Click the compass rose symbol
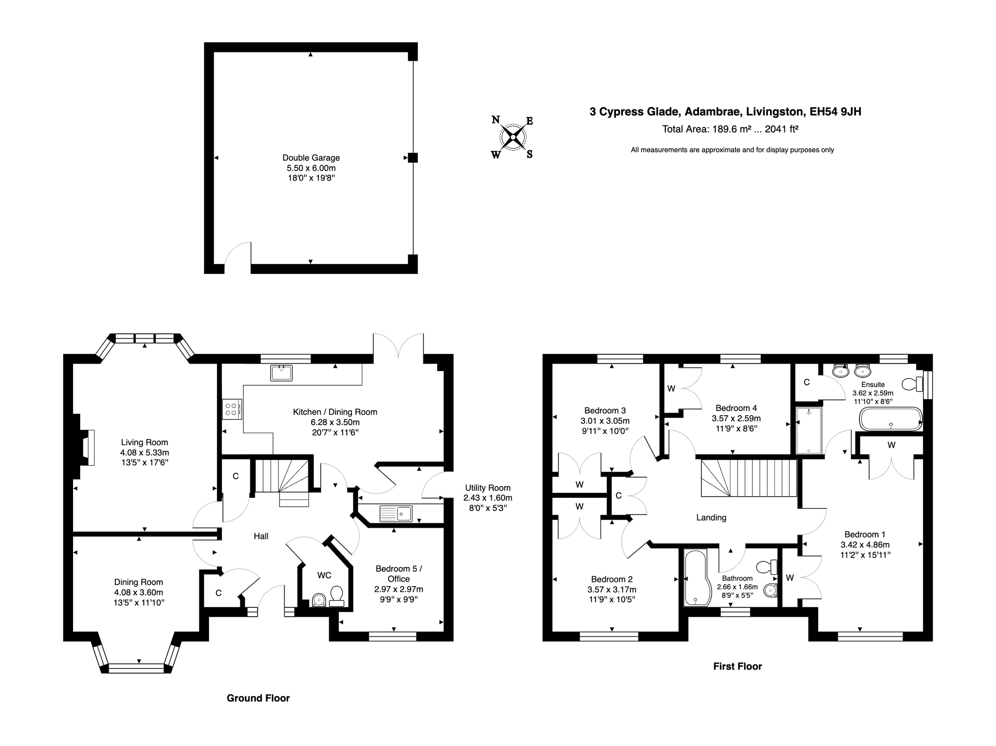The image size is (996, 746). pos(513,137)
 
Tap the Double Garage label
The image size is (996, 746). pos(311,158)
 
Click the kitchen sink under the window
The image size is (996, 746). pos(281,373)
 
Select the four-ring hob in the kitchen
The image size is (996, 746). pos(232,409)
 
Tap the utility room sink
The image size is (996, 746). pos(396,514)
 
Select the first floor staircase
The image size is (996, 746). pos(748,477)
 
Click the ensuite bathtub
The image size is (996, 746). pos(890,419)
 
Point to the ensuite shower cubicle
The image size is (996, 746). pos(809,430)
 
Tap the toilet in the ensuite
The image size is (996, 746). pos(912,384)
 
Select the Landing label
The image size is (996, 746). pos(711,518)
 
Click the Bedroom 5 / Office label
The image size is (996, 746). pos(398,573)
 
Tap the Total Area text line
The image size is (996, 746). pos(730,129)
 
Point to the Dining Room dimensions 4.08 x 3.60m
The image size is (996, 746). pos(138,592)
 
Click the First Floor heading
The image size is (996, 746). pos(737,666)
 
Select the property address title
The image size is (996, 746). pos(725,112)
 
